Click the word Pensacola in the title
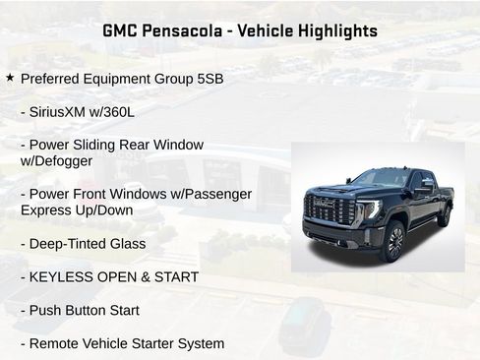(176, 30)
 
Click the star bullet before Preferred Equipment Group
(10, 77)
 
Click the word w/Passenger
(203, 194)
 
